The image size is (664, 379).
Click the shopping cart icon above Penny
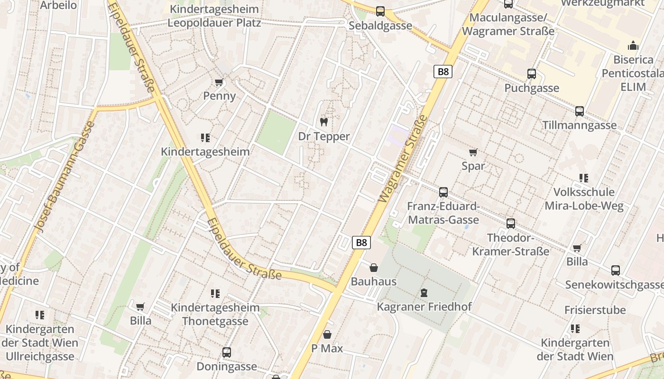pyautogui.click(x=219, y=82)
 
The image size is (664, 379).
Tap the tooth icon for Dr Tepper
pyautogui.click(x=324, y=122)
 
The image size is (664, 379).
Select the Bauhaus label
pyautogui.click(x=373, y=281)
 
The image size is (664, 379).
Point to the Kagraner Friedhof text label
pyautogui.click(x=424, y=307)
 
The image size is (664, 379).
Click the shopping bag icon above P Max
pyautogui.click(x=327, y=335)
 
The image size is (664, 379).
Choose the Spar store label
pyautogui.click(x=473, y=166)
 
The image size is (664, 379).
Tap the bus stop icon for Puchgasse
pyautogui.click(x=532, y=74)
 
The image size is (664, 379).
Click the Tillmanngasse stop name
pyautogui.click(x=580, y=125)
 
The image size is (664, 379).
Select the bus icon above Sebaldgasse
pyautogui.click(x=380, y=11)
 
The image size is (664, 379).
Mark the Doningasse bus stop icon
pyautogui.click(x=227, y=352)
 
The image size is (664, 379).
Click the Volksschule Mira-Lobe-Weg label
pyautogui.click(x=584, y=199)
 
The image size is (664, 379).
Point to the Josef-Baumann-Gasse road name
pyautogui.click(x=65, y=177)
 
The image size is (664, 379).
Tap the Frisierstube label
pyautogui.click(x=595, y=310)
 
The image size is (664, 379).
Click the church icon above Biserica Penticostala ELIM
pyautogui.click(x=633, y=46)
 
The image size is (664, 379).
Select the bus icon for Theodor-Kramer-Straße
pyautogui.click(x=510, y=223)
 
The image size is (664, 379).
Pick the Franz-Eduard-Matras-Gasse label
pyautogui.click(x=443, y=213)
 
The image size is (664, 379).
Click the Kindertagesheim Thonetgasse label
pyautogui.click(x=215, y=314)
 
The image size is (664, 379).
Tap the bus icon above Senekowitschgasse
pyautogui.click(x=615, y=271)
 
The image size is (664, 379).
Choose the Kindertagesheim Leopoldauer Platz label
pyautogui.click(x=214, y=16)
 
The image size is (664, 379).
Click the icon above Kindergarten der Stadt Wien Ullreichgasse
pyautogui.click(x=39, y=315)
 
